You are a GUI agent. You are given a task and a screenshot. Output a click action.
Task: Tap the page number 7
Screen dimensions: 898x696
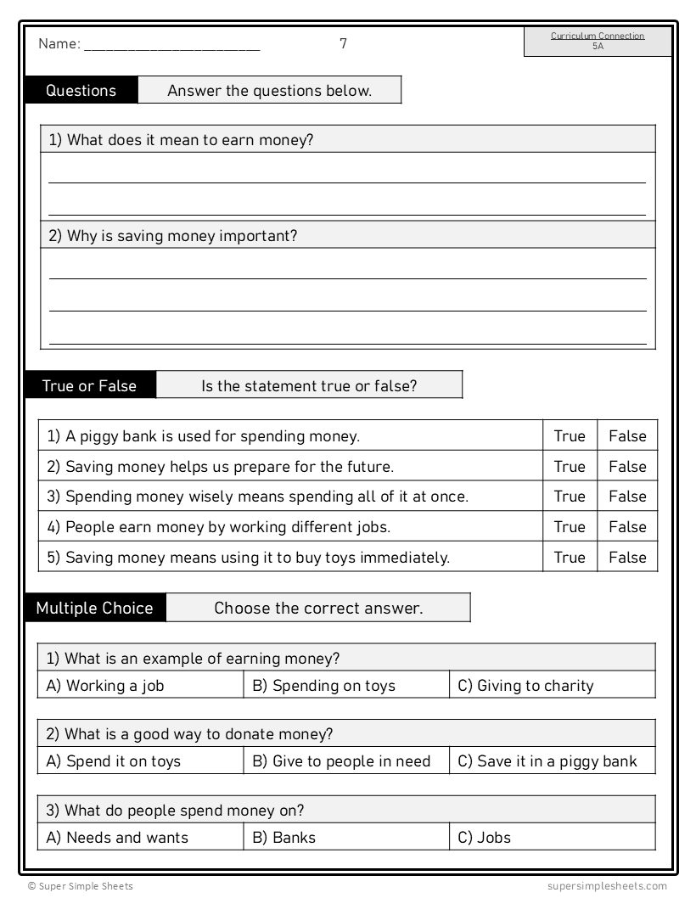point(343,43)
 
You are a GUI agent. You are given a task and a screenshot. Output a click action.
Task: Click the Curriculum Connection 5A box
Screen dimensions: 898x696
point(598,42)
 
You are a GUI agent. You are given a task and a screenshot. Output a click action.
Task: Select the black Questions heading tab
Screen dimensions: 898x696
point(81,91)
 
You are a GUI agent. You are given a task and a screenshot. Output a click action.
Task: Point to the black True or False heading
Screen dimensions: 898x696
point(89,385)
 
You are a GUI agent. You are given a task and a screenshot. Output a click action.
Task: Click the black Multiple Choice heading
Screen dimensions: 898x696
point(95,608)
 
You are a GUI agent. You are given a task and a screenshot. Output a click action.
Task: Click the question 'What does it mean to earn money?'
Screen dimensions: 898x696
point(181,140)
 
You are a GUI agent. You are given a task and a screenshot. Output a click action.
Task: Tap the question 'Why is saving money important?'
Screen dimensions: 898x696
point(173,236)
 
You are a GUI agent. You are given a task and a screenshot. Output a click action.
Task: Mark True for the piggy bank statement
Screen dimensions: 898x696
point(570,436)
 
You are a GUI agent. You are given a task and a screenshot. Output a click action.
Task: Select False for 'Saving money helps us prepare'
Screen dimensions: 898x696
point(627,466)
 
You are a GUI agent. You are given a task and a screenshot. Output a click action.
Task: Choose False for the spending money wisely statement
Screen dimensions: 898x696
point(627,497)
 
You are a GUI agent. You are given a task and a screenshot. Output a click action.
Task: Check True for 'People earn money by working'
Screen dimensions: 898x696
point(570,527)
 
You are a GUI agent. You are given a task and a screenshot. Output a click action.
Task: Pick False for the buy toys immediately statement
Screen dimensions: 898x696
point(627,558)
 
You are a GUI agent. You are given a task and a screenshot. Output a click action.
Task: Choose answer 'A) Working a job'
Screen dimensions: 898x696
point(105,686)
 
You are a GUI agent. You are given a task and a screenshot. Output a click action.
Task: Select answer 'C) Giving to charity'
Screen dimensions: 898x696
point(525,686)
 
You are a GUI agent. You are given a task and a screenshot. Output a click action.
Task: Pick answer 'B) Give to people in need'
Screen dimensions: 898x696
point(341,761)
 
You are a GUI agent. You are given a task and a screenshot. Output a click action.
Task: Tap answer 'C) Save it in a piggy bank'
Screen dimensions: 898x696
point(547,761)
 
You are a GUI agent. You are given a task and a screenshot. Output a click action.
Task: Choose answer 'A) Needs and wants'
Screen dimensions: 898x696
point(117,838)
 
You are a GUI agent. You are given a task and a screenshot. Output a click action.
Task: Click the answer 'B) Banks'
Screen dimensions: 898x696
point(283,838)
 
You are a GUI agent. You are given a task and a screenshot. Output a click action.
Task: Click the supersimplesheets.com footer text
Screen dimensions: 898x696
point(607,886)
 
